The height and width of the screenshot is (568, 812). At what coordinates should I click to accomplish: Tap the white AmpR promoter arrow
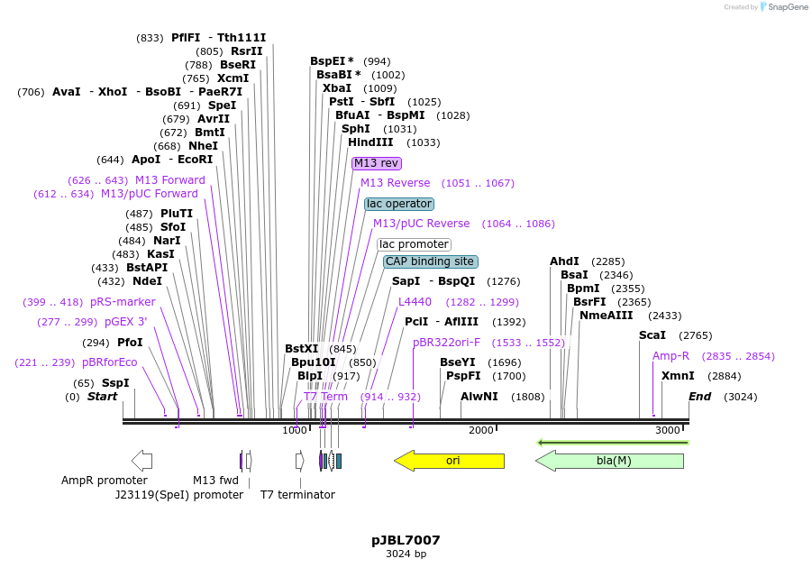[141, 461]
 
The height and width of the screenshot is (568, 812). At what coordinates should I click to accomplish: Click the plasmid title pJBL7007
[406, 540]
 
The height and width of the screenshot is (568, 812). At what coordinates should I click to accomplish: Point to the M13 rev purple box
[376, 163]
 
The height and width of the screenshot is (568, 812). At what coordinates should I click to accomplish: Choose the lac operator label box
[399, 204]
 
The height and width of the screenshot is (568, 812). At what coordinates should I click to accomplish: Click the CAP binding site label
[430, 261]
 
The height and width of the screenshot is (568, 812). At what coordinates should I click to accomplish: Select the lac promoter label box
[414, 244]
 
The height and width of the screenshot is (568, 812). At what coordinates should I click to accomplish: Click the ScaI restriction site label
[652, 335]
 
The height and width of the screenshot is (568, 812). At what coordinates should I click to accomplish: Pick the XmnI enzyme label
[678, 376]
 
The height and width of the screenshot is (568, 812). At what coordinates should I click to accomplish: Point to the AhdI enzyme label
[564, 261]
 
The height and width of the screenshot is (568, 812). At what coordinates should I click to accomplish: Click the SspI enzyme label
[114, 383]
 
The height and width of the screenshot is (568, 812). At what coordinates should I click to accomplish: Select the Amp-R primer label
[671, 356]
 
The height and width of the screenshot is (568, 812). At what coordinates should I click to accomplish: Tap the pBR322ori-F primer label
[446, 343]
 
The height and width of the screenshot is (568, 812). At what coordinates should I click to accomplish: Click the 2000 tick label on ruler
[481, 431]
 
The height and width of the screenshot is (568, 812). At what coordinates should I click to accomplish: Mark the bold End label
[699, 397]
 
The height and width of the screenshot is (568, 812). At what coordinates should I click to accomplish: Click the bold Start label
[102, 397]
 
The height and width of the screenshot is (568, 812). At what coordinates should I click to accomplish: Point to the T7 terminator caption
[297, 495]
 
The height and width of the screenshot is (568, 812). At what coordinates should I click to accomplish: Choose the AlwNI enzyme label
[479, 397]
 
